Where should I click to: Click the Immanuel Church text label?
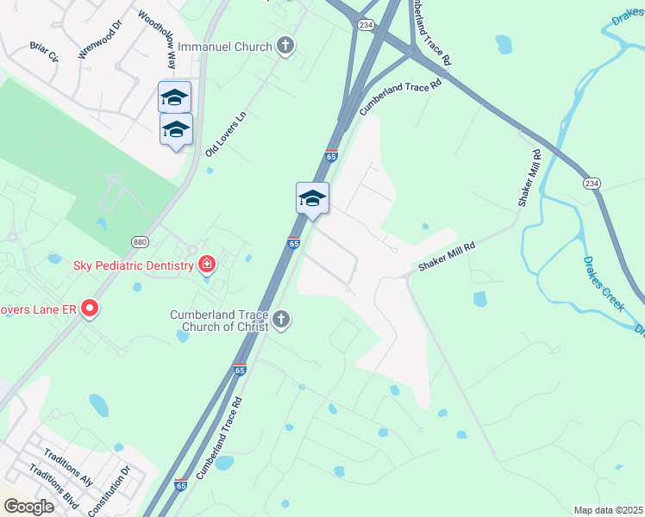pos(226,46)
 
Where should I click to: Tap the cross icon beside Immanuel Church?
pos(286,46)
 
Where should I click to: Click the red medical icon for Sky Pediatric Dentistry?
pos(206,265)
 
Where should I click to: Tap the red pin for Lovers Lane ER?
pos(89,309)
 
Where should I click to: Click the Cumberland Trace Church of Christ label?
pos(219,321)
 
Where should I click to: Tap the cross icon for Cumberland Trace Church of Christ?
pos(279,321)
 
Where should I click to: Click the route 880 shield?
pos(141,242)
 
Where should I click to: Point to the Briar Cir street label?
pos(43,52)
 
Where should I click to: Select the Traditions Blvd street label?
pos(53,487)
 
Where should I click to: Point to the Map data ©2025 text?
pos(608,510)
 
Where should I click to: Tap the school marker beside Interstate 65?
pos(312,199)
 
